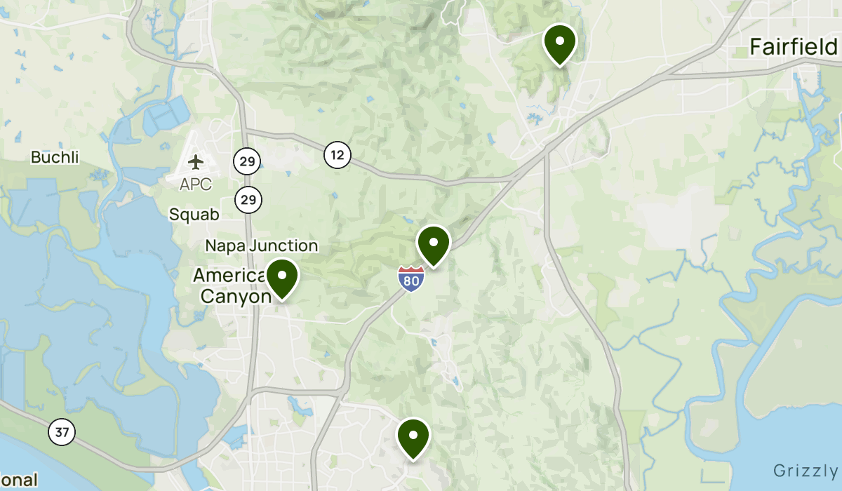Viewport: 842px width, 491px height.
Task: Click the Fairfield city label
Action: coord(793,47)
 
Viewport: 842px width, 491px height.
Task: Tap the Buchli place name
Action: coord(55,157)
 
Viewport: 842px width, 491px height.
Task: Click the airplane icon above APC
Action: coord(196,162)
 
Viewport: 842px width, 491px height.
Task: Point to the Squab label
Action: coord(194,215)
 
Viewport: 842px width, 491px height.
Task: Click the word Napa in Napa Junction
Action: coord(225,245)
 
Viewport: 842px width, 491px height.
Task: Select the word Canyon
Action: coord(236,296)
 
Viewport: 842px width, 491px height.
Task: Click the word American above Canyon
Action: coord(230,275)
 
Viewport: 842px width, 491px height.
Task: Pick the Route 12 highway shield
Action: coord(338,155)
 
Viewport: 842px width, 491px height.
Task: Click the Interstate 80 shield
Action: coord(410,279)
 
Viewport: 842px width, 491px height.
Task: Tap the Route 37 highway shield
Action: coord(62,431)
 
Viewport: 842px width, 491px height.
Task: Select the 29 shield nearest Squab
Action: coord(248,200)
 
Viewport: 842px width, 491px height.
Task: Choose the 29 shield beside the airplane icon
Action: coord(247,162)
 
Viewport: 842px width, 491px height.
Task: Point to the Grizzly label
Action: coord(806,470)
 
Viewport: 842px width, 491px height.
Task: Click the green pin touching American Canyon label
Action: coord(282,277)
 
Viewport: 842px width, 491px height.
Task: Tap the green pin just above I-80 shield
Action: coord(434,244)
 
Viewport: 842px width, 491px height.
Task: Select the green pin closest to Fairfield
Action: coord(559,43)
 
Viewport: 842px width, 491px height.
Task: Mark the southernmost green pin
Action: coord(413,437)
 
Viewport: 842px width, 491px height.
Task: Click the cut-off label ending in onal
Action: coord(19,480)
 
